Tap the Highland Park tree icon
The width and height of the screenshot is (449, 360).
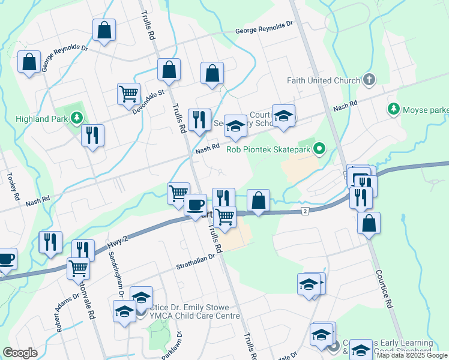tap(77, 118)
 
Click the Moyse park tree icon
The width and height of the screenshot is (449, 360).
tap(394, 109)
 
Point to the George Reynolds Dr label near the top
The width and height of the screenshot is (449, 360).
tap(264, 28)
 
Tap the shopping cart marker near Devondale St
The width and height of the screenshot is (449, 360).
tap(128, 94)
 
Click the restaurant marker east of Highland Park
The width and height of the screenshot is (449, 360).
tap(92, 135)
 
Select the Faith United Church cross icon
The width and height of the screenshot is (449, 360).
tap(369, 80)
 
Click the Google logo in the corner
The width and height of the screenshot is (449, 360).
tap(20, 352)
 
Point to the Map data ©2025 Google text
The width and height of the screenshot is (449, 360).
tap(411, 355)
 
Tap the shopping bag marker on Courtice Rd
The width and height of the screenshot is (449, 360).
tap(369, 223)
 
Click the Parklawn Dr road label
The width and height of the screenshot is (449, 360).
tap(172, 346)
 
